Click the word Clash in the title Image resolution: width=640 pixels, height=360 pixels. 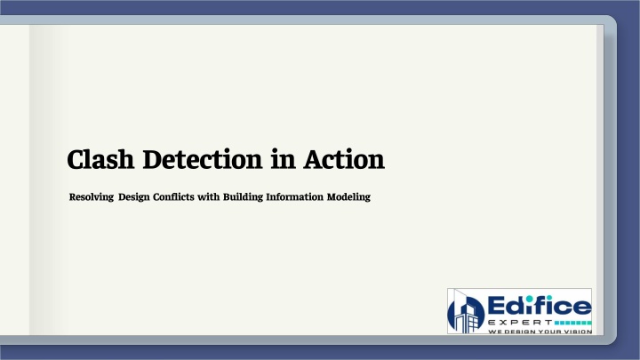(100, 159)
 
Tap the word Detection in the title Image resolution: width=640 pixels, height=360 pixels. (203, 159)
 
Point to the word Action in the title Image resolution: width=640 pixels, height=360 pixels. (344, 159)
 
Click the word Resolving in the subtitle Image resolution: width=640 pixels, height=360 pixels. (92, 197)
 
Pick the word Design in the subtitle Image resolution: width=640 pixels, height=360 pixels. (134, 197)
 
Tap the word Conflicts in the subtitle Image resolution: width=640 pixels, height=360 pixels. (173, 196)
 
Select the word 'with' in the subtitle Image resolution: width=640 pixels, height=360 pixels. (209, 196)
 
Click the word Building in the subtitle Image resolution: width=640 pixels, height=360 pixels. (243, 197)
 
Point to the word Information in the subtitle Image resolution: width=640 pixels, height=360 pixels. (295, 196)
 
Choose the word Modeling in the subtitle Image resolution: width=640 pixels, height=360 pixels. (348, 197)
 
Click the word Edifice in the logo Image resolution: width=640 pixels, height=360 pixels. (540, 305)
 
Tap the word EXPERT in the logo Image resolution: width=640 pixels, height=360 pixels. (520, 323)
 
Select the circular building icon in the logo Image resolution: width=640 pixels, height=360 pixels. (466, 313)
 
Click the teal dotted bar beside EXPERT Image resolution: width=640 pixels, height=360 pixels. (573, 323)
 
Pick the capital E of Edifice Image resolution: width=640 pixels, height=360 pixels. (496, 306)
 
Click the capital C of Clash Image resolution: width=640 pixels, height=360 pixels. (76, 160)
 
